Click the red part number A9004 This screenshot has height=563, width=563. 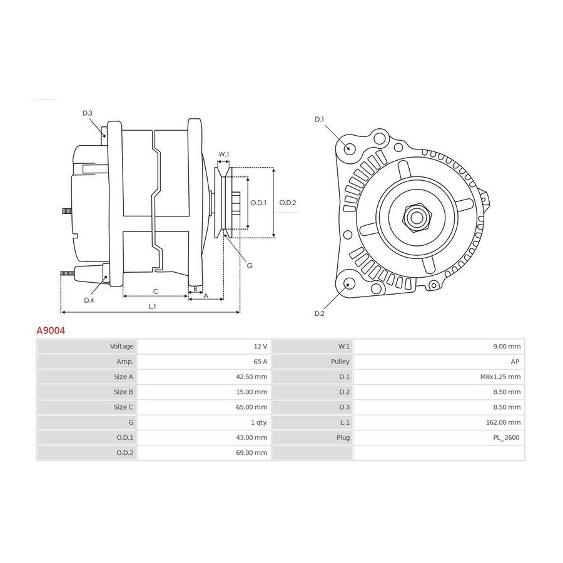click(x=51, y=330)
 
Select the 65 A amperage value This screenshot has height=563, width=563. click(x=260, y=362)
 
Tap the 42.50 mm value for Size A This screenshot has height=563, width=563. click(x=251, y=377)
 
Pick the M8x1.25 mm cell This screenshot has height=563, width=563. click(x=500, y=377)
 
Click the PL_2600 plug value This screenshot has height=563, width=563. click(x=506, y=437)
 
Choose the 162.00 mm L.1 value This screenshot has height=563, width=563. click(x=503, y=422)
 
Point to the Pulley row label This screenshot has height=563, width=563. click(x=340, y=362)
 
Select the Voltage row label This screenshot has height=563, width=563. click(x=122, y=347)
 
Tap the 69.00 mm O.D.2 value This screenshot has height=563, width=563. click(x=251, y=453)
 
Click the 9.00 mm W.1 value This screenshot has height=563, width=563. click(x=507, y=347)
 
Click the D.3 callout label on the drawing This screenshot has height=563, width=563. click(x=87, y=113)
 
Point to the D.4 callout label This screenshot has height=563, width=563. click(x=89, y=300)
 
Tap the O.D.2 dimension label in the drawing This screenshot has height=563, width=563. click(x=288, y=203)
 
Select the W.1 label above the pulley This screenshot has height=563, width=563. click(x=224, y=155)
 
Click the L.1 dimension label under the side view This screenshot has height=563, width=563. click(x=153, y=307)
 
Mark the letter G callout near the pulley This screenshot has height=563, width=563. click(x=250, y=266)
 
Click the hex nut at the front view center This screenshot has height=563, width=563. click(x=417, y=218)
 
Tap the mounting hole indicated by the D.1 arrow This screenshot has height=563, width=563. click(x=349, y=148)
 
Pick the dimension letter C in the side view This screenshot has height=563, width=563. click(x=156, y=291)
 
